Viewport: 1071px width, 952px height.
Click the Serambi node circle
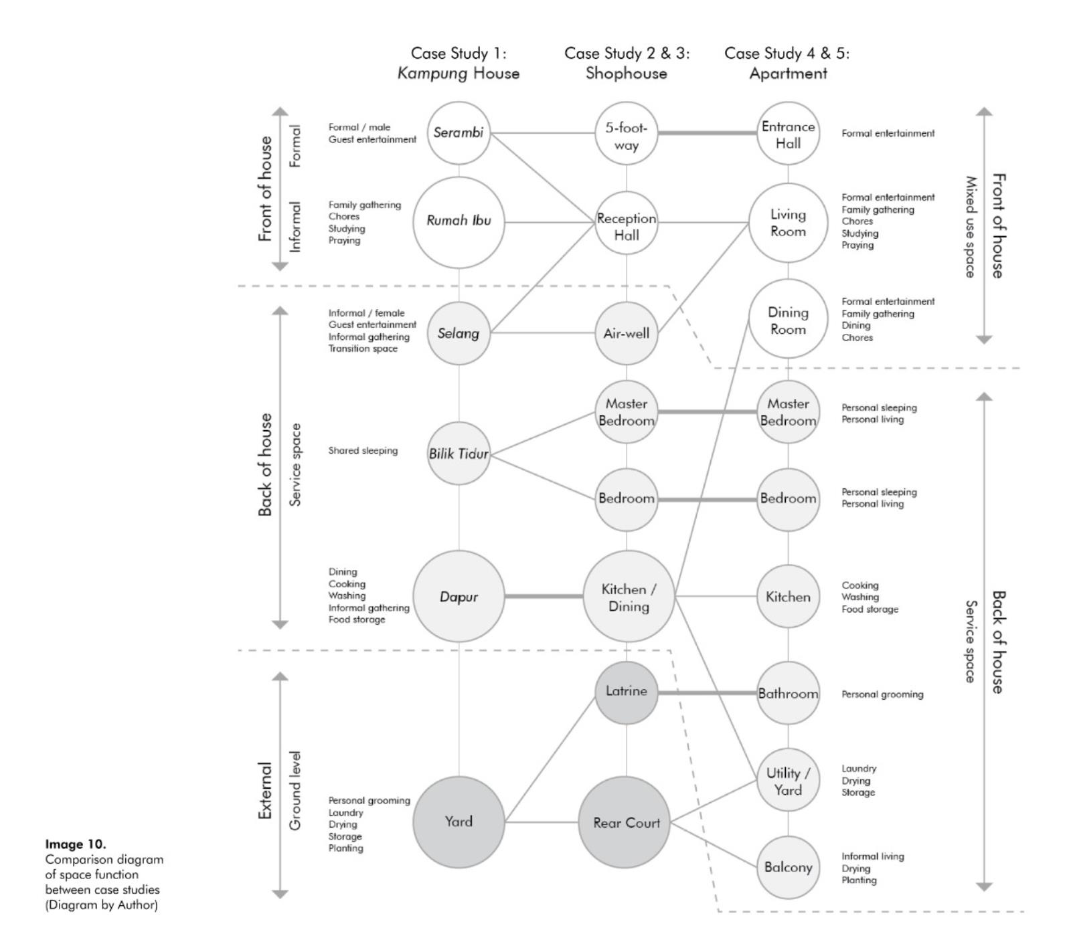[x=459, y=132]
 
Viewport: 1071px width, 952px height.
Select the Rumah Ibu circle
[x=459, y=221]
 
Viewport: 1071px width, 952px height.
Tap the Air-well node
[x=627, y=333]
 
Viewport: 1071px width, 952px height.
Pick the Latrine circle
[x=627, y=692]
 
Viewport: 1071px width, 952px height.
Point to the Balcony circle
[x=788, y=867]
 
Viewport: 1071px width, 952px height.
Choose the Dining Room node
[x=788, y=320]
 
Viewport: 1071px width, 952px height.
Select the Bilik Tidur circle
[x=459, y=454]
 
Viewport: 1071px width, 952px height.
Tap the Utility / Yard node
[x=788, y=781]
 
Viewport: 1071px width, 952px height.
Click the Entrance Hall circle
[x=788, y=134]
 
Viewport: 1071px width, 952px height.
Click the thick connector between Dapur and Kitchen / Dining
[x=544, y=596]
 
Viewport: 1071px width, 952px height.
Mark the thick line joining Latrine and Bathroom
[x=708, y=693]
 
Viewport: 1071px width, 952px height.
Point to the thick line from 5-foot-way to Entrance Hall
[x=708, y=133]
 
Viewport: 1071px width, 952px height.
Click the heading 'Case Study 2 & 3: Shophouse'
[x=627, y=63]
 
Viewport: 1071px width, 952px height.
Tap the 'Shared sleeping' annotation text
[x=363, y=451]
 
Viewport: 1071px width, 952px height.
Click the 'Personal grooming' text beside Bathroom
[x=882, y=694]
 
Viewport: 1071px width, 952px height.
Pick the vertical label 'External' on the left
[x=266, y=790]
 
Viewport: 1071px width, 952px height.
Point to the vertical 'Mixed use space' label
[x=970, y=227]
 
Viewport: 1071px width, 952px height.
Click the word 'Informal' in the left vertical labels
[x=295, y=227]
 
